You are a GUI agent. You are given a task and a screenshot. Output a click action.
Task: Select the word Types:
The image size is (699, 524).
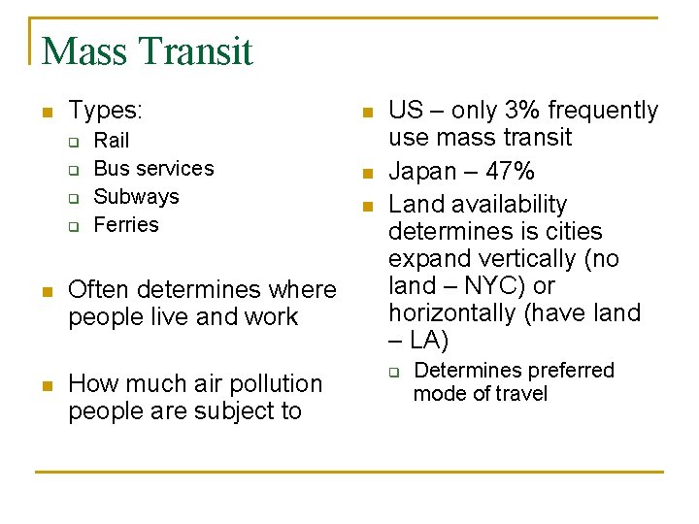tap(106, 111)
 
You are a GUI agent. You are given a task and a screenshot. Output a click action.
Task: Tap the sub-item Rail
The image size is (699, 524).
tap(111, 141)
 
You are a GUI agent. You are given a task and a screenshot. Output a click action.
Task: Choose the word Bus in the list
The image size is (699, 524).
tap(111, 169)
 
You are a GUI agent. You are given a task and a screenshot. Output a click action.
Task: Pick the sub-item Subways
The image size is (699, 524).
tap(136, 197)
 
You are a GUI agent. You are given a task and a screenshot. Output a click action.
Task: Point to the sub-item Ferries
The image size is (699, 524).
tap(126, 225)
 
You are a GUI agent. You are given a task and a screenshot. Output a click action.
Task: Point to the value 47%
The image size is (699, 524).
tap(508, 173)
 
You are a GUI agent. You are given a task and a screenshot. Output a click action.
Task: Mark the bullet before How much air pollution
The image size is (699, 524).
tap(46, 385)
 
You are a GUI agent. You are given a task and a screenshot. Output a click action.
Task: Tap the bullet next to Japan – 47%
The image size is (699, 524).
tap(366, 175)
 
